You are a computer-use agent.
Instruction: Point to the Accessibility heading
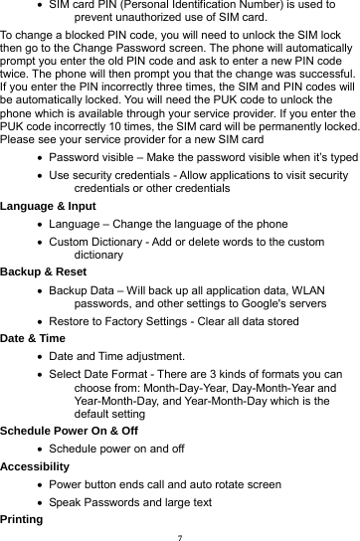(39, 463)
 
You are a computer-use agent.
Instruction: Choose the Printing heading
(23, 519)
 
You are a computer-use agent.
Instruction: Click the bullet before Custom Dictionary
(39, 242)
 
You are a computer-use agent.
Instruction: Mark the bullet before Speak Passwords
(39, 502)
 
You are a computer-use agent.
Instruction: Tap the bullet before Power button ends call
(39, 484)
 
